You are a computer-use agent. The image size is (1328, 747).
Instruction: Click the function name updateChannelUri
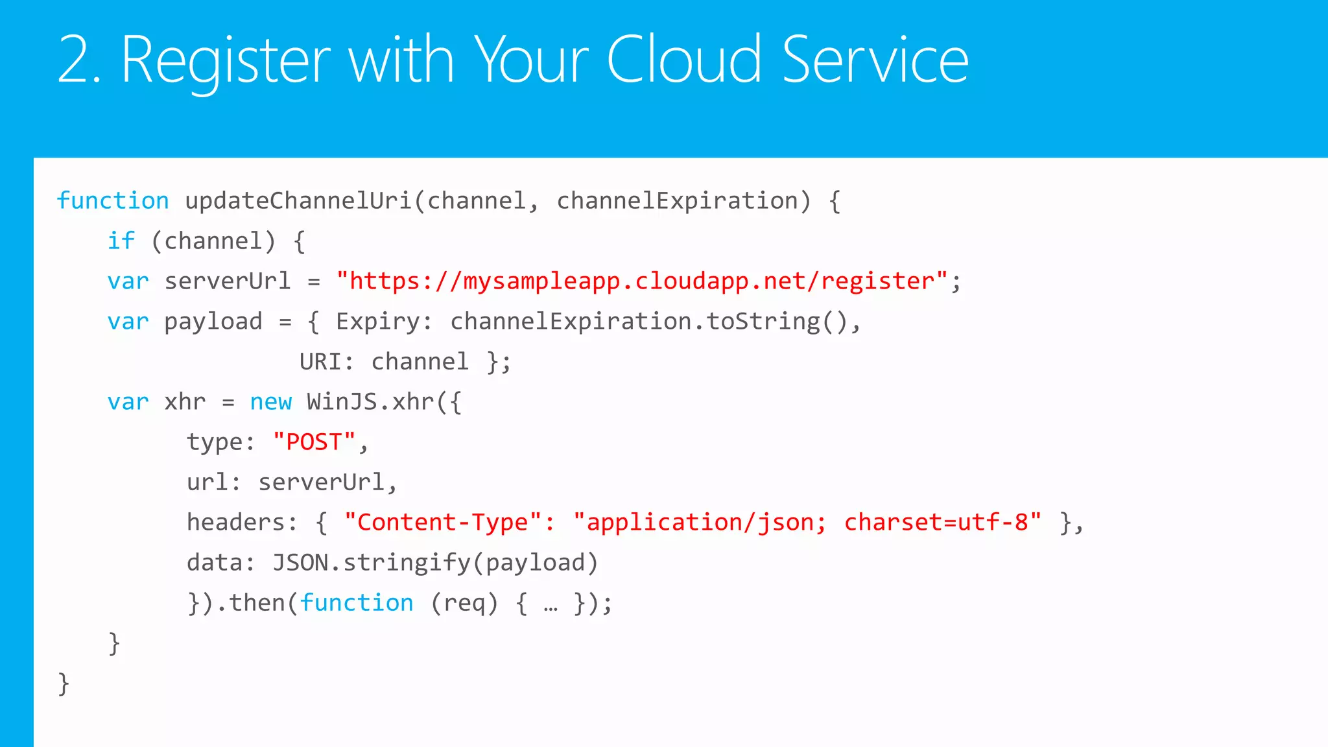click(298, 201)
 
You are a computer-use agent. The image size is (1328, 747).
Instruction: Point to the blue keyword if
click(121, 241)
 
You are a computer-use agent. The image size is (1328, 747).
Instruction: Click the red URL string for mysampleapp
click(642, 281)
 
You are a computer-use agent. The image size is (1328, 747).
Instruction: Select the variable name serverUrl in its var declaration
click(227, 281)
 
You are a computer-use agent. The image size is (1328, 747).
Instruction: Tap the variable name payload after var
click(213, 322)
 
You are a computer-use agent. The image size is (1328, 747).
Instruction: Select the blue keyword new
click(271, 402)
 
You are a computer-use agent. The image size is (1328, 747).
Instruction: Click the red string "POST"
click(314, 442)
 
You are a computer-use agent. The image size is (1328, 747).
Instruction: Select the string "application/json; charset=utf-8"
click(807, 523)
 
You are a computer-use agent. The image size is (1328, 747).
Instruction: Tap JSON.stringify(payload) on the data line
click(434, 563)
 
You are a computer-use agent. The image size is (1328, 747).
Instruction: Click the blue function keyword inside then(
click(356, 603)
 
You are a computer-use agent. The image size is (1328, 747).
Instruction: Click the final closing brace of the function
click(64, 683)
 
